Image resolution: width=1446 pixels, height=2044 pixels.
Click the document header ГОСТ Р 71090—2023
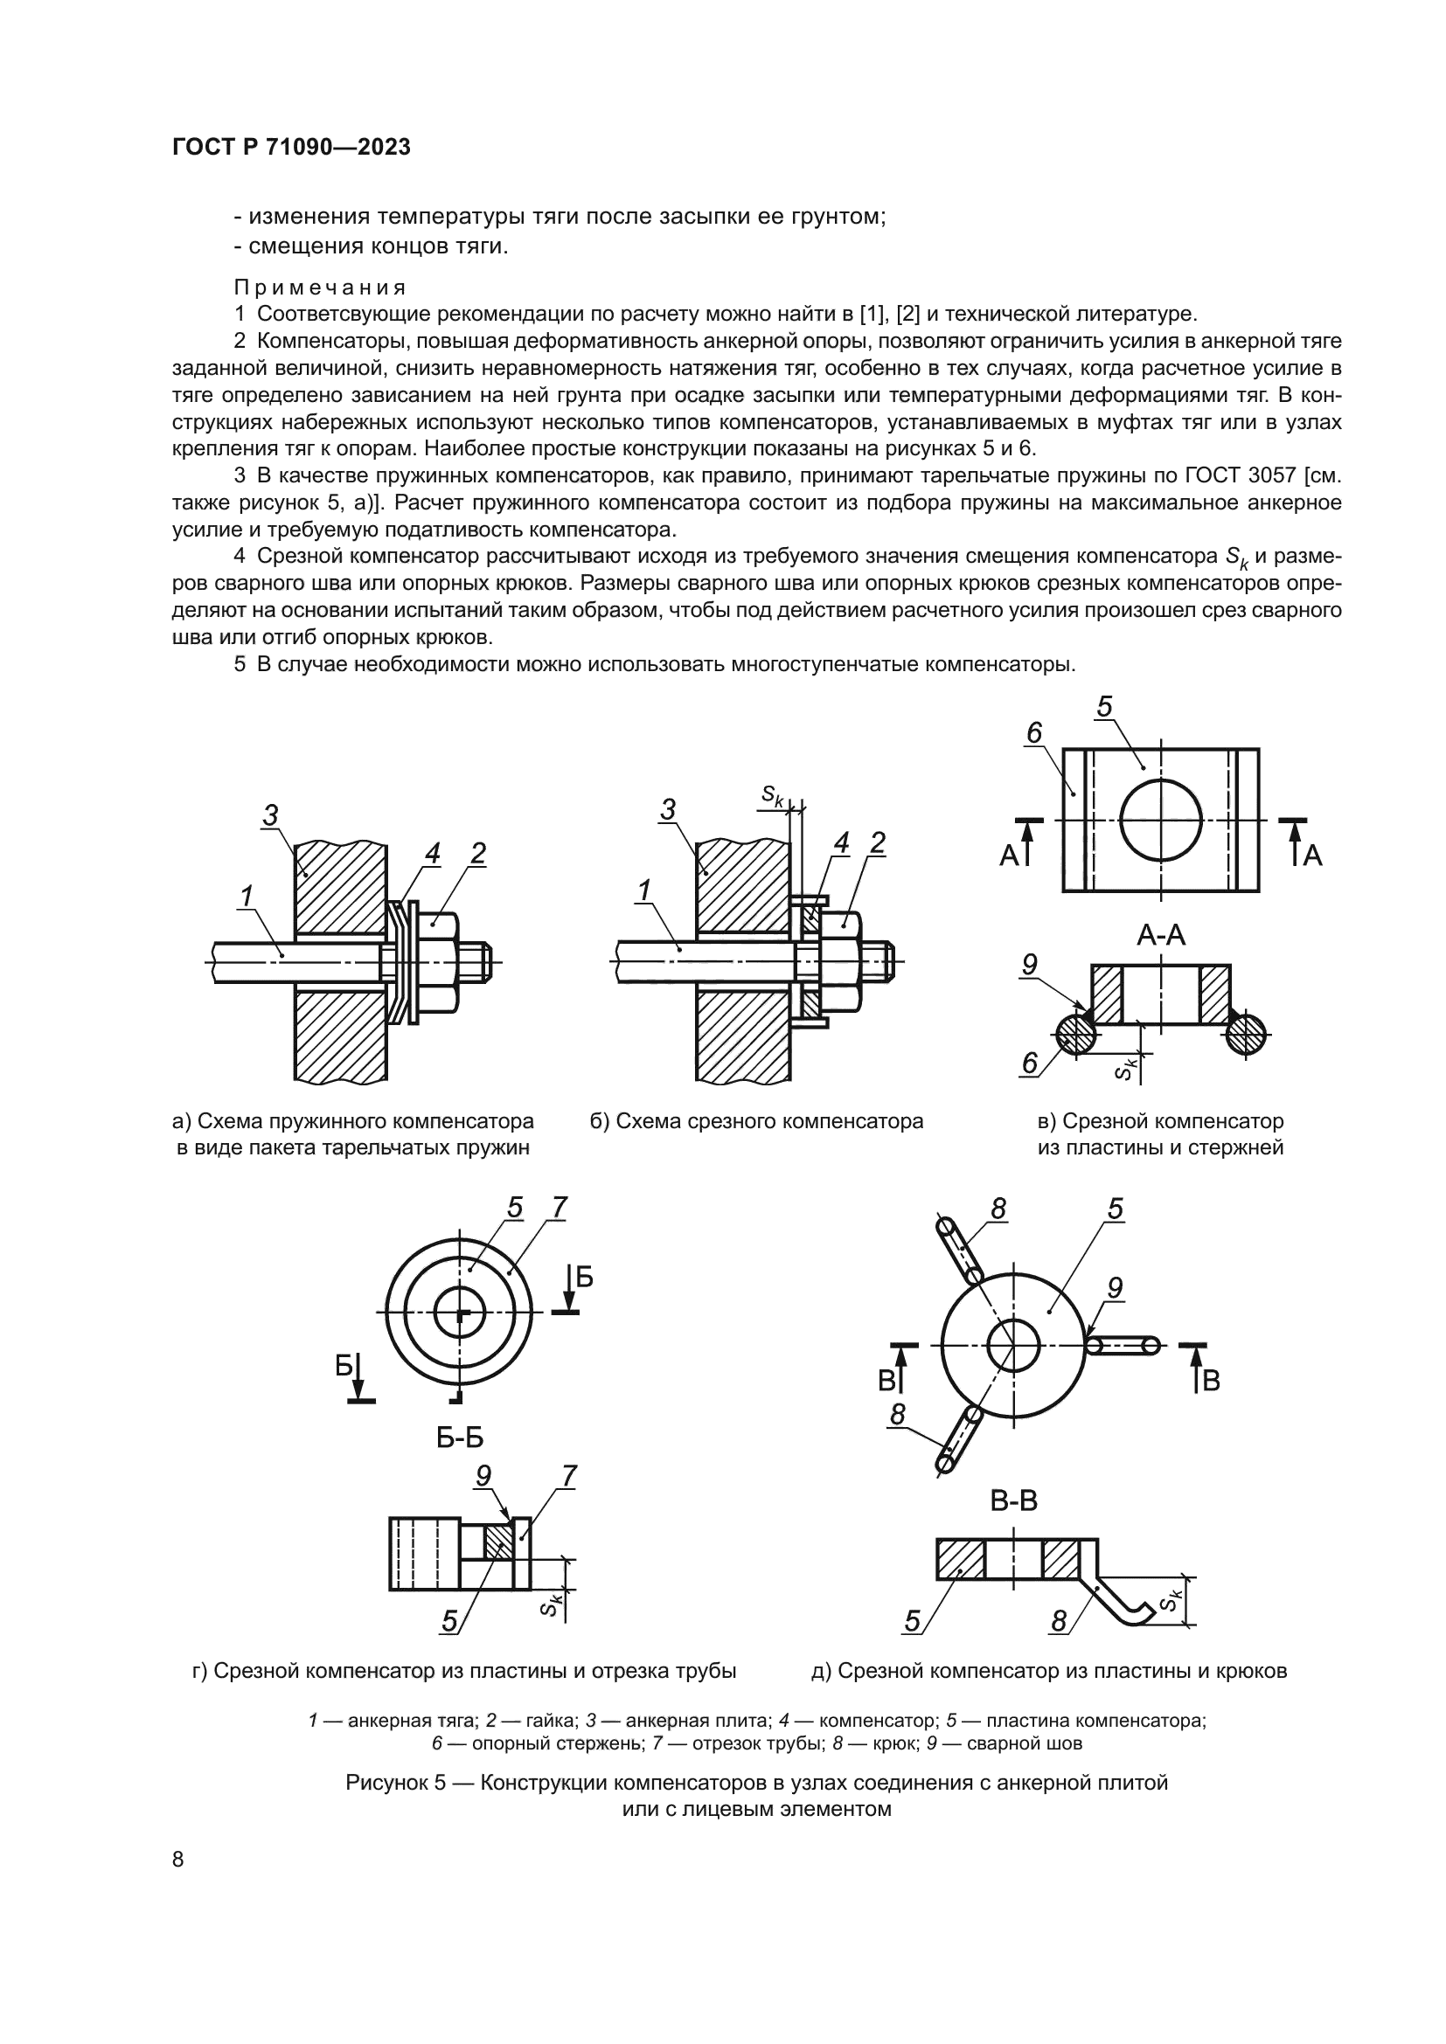point(291,148)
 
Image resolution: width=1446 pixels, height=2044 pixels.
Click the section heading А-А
point(1161,936)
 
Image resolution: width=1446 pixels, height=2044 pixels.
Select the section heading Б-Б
point(460,1438)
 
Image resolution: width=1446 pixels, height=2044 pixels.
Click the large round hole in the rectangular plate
point(1161,820)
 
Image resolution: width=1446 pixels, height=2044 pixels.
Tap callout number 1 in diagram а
point(247,896)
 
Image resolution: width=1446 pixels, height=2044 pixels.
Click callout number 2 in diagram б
point(878,842)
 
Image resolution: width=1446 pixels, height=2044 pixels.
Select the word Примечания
point(320,288)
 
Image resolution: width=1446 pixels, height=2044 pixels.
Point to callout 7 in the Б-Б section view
point(568,1477)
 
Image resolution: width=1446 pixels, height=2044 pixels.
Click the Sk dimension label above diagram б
point(773,795)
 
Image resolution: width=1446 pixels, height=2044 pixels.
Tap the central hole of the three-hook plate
point(1014,1344)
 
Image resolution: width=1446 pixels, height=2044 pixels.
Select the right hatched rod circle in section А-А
point(1246,1035)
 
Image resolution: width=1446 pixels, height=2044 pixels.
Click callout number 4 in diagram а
point(432,854)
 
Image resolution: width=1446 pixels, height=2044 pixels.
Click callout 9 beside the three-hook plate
point(1115,1287)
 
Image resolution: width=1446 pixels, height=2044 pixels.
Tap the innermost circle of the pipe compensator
point(460,1313)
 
